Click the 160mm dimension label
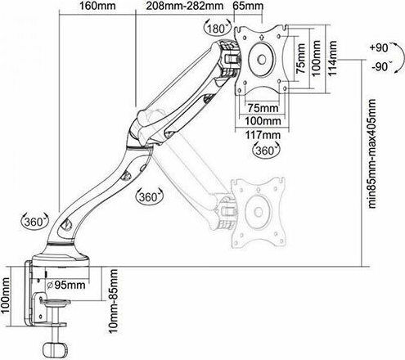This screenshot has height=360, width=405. [x=97, y=6]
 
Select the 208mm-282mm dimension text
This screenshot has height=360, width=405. [x=185, y=6]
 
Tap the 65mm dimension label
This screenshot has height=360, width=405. [x=248, y=6]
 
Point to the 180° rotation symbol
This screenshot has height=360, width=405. [x=217, y=28]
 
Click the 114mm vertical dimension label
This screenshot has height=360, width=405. [x=332, y=58]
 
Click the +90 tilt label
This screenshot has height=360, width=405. [x=379, y=47]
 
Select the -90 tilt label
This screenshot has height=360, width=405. [x=380, y=66]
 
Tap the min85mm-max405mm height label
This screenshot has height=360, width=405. [x=372, y=154]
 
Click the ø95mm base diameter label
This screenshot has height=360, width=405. [x=65, y=285]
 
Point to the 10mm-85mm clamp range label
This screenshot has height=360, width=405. [x=114, y=301]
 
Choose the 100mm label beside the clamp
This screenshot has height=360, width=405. [x=5, y=295]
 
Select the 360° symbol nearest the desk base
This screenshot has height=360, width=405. [x=34, y=221]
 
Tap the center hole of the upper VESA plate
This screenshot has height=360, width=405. [x=262, y=60]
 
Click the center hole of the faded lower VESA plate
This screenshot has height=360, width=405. [x=258, y=211]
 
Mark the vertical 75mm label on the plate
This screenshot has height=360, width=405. [x=300, y=58]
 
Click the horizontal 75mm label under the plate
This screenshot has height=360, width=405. [x=263, y=108]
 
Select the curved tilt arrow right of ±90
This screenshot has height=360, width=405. [x=399, y=57]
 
